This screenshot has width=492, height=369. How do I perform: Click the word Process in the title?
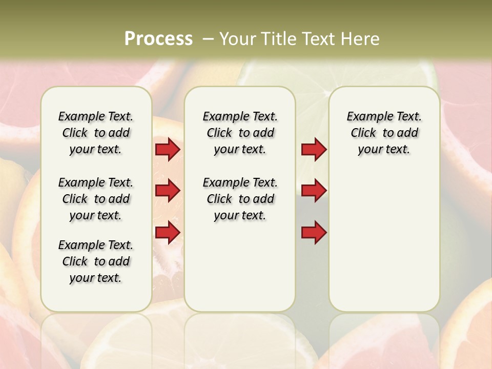coord(158,39)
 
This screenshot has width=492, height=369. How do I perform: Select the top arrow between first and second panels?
coord(168,149)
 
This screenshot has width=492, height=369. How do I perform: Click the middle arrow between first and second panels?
coord(168,191)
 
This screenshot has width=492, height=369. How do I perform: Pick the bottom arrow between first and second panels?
coord(168,233)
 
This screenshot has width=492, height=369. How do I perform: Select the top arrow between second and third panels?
coord(314,149)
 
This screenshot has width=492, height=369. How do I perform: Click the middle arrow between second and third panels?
coord(314,191)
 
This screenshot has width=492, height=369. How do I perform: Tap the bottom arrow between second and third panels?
coord(314,233)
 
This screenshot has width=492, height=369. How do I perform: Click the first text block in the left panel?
coord(96,133)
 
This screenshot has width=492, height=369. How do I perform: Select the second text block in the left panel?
coord(96,199)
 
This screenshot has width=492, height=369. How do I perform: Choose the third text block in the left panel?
coord(96,261)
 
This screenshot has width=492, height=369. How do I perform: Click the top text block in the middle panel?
coord(240,133)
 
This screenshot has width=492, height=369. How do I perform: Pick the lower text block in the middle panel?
coord(240,199)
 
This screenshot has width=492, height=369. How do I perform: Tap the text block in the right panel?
coord(384,133)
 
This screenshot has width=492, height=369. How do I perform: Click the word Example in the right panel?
coord(367,117)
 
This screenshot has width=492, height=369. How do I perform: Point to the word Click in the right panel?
coord(363,133)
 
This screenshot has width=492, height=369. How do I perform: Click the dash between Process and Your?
coord(208,39)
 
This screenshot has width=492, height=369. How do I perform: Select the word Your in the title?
coord(237,39)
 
